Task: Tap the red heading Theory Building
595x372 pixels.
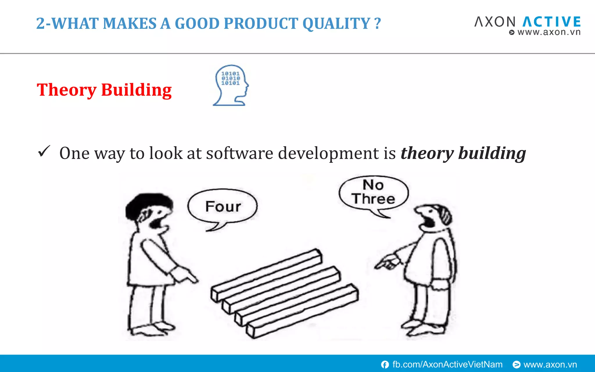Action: click(104, 90)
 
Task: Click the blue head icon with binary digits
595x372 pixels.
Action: click(231, 85)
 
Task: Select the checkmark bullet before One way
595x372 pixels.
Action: click(44, 151)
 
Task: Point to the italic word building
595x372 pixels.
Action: click(492, 153)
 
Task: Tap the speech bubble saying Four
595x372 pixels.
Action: click(223, 207)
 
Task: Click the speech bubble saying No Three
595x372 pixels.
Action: click(373, 192)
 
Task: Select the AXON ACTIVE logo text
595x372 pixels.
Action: click(527, 22)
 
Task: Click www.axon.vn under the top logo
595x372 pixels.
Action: click(549, 32)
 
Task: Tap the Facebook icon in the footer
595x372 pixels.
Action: click(385, 364)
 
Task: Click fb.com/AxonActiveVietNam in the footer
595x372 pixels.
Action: click(447, 364)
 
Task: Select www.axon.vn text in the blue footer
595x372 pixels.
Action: click(550, 364)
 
